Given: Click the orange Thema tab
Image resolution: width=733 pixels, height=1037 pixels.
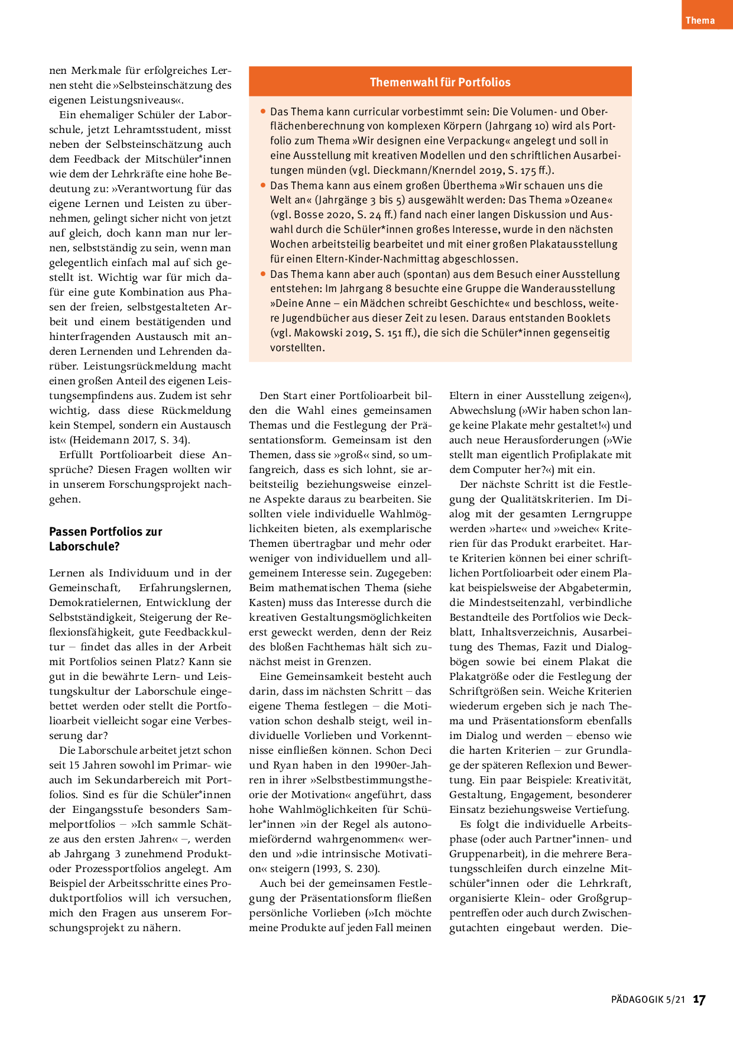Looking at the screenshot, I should pos(700,20).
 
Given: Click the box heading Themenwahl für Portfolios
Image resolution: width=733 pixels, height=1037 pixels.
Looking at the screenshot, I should pos(440,82).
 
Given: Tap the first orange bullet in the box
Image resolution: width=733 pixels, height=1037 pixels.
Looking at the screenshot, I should pos(263,111).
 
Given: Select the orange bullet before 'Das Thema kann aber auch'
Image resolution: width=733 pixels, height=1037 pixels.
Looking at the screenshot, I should pos(263,274).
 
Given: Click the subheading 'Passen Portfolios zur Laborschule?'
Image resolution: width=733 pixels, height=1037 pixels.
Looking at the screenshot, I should pos(105,539).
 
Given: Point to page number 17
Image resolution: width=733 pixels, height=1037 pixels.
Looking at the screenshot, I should pos(699,1000).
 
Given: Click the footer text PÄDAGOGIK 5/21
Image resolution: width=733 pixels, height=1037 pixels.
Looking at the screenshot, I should pos(648,1000).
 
